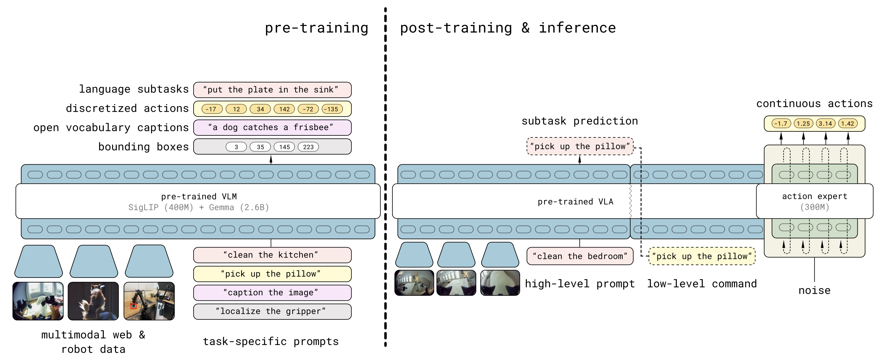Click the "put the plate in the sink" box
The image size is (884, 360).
272,90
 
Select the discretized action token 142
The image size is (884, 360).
284,109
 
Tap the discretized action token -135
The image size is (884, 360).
332,109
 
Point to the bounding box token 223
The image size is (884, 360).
308,147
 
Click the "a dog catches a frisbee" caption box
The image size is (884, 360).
272,128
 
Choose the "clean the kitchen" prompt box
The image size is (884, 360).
272,255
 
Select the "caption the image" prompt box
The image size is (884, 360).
272,293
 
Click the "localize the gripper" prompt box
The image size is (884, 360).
272,311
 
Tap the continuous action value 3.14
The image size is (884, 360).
825,123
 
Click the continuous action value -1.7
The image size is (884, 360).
781,123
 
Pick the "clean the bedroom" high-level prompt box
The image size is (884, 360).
580,256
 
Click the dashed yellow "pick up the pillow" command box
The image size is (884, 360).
702,256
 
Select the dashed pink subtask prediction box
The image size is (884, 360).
580,146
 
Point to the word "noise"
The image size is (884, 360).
814,291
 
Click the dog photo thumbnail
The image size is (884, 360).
93,301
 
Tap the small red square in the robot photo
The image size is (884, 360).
133,306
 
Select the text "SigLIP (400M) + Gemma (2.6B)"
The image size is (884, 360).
198,207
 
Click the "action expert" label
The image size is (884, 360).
814,196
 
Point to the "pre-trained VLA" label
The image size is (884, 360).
575,201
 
